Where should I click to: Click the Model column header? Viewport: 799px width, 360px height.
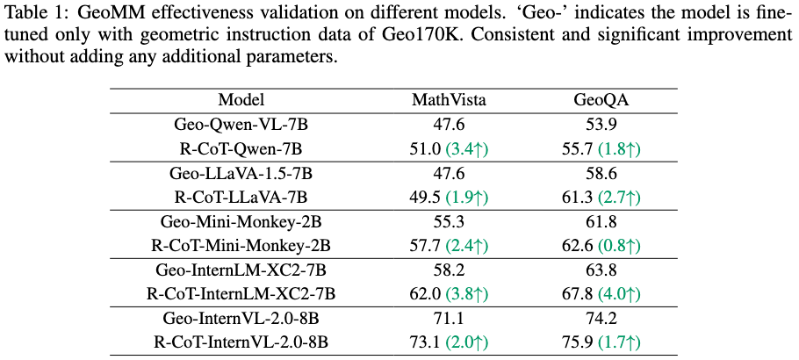point(241,100)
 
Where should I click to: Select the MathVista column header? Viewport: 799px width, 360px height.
point(449,100)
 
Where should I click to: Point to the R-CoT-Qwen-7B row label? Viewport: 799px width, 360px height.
point(241,149)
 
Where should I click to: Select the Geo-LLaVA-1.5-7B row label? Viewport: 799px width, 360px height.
point(241,173)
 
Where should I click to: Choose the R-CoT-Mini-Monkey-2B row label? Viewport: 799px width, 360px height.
point(241,245)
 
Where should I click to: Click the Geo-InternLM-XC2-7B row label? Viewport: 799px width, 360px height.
point(241,269)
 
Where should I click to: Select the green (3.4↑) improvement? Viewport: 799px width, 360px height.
point(467,149)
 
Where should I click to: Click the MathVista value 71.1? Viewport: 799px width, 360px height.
point(449,317)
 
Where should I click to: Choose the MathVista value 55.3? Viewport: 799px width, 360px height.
point(449,221)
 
